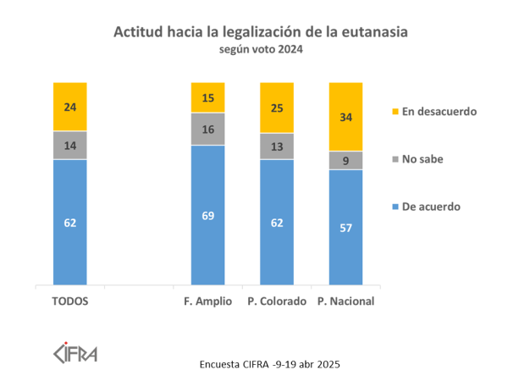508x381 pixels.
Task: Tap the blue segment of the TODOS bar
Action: tap(70, 223)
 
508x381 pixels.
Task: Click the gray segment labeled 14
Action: tap(70, 145)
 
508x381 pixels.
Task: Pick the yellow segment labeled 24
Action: tap(70, 107)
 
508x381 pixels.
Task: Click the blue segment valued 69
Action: tap(208, 215)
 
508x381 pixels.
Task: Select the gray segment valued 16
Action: tap(208, 129)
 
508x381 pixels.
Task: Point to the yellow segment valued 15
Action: tap(208, 97)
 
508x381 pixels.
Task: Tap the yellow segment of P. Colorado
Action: tap(277, 108)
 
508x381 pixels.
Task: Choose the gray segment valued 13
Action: tap(277, 146)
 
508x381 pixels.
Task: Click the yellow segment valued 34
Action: tap(345, 117)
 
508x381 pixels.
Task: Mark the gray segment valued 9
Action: tap(345, 160)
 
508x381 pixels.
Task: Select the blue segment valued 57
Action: tap(345, 228)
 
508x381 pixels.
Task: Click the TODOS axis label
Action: tap(70, 301)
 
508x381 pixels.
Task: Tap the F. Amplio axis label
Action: tap(208, 301)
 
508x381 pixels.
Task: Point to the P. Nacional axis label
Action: tap(345, 301)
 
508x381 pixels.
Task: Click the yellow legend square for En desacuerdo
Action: tap(395, 111)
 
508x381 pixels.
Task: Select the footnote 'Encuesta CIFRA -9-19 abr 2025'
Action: tap(269, 364)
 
